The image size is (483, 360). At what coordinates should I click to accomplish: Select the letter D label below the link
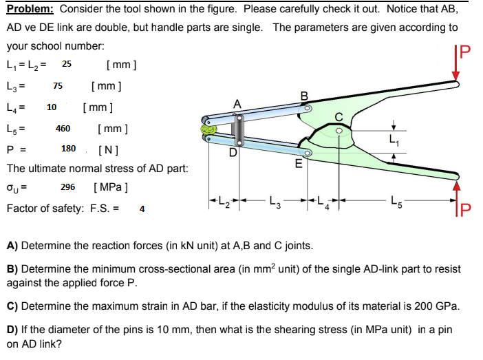pyautogui.click(x=233, y=152)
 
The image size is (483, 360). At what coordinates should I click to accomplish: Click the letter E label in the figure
pyautogui.click(x=298, y=164)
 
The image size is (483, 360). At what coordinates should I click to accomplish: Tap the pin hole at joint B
pyautogui.click(x=308, y=108)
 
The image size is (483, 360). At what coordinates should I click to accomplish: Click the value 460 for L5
pyautogui.click(x=63, y=129)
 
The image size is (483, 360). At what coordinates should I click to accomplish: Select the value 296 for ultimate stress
pyautogui.click(x=68, y=187)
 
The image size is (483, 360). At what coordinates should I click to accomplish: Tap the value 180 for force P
pyautogui.click(x=69, y=149)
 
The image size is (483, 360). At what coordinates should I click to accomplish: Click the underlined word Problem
pyautogui.click(x=31, y=10)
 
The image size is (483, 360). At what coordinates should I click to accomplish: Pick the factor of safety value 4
pyautogui.click(x=142, y=208)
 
